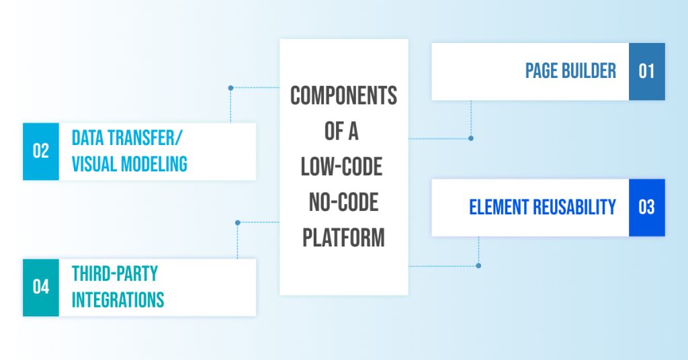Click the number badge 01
pyautogui.click(x=646, y=71)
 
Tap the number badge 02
pyautogui.click(x=41, y=151)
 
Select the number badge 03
pyautogui.click(x=646, y=207)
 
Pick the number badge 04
pyautogui.click(x=41, y=287)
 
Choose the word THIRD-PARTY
pyautogui.click(x=114, y=274)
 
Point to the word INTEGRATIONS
pyautogui.click(x=118, y=299)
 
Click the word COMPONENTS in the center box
pyautogui.click(x=343, y=96)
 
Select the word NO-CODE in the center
pyautogui.click(x=343, y=202)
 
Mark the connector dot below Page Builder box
pyautogui.click(x=470, y=138)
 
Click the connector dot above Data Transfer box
pyautogui.click(x=230, y=87)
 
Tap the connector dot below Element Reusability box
pyautogui.click(x=478, y=266)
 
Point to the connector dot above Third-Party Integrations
pyautogui.click(x=238, y=222)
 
